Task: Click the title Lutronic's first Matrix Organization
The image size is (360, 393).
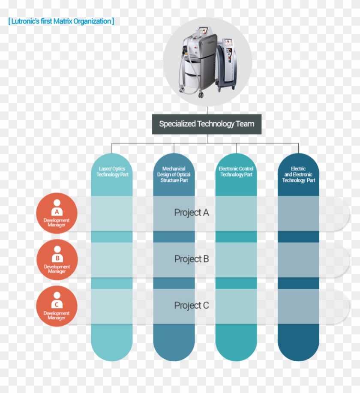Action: [61, 21]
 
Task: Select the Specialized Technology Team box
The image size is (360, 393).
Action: [207, 124]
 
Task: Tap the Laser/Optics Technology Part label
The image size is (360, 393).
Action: [112, 172]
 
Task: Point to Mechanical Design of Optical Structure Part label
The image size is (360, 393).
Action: [174, 174]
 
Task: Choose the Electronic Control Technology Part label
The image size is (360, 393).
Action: [236, 172]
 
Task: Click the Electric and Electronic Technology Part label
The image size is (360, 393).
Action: [298, 174]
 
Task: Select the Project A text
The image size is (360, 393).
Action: [192, 213]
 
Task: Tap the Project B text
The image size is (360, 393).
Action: [192, 259]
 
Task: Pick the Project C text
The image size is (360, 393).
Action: [192, 305]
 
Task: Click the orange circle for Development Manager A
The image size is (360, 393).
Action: [57, 213]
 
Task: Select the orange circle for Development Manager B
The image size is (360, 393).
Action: [57, 260]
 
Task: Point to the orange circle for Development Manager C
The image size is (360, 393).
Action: [57, 306]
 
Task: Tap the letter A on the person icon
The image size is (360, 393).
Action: [57, 212]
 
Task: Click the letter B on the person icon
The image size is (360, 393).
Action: [57, 258]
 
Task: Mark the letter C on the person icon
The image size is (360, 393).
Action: [57, 305]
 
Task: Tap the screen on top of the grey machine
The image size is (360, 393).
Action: [203, 31]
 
